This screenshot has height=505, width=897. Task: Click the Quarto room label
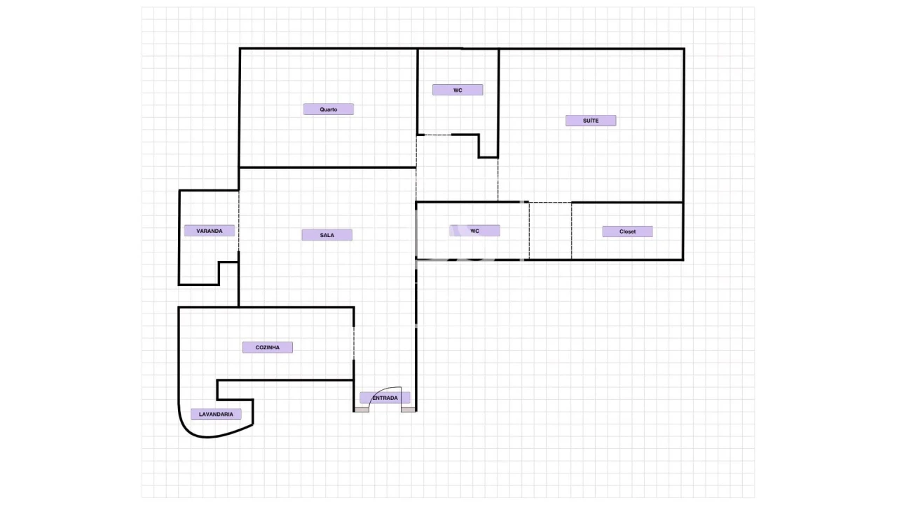point(329,109)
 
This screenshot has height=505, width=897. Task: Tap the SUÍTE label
point(591,121)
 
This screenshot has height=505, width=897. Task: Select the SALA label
point(327,235)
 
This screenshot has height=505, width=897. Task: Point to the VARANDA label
point(210,231)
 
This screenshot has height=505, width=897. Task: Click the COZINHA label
point(268,347)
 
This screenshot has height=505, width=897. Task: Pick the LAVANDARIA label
point(216,415)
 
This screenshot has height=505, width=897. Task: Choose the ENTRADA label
point(385,398)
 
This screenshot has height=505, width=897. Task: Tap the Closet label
point(627,231)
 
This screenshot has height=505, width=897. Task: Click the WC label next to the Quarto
point(458,90)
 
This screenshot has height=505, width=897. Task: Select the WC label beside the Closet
point(474,231)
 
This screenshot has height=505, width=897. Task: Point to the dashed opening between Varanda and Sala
point(239,220)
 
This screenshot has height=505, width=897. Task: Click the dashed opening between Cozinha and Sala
point(354,343)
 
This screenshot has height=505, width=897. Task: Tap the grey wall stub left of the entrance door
point(362,410)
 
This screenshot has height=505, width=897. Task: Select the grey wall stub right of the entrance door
point(409,410)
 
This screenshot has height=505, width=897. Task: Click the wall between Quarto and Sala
point(327,167)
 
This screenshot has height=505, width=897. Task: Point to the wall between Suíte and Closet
point(627,203)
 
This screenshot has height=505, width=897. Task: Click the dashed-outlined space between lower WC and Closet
point(550,231)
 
